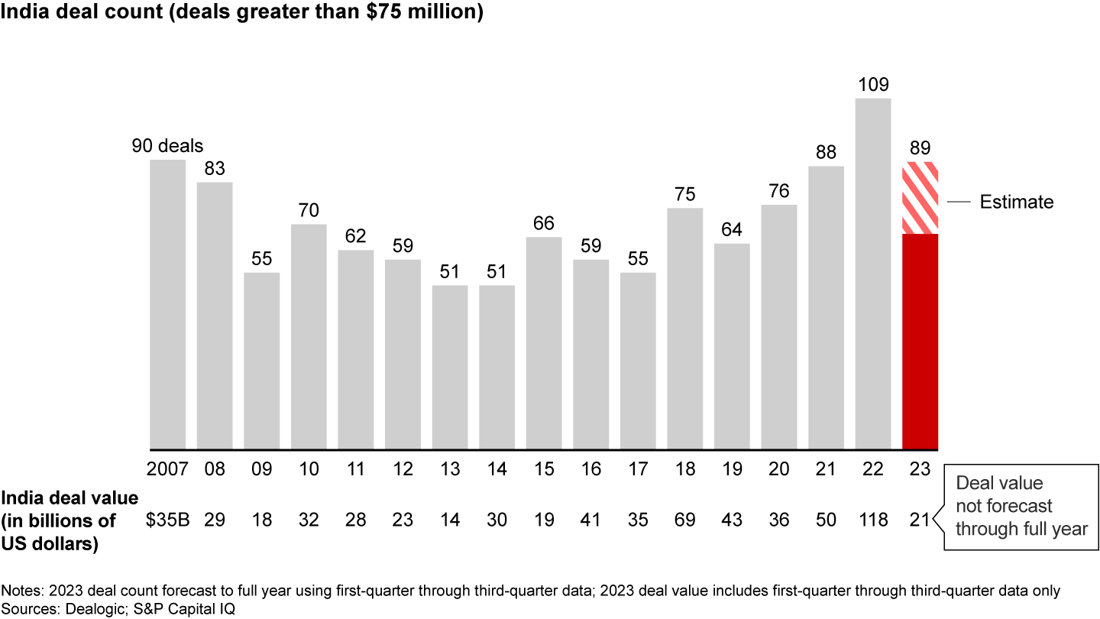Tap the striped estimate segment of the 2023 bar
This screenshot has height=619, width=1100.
point(920,198)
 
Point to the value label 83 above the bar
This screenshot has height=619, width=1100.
point(215,168)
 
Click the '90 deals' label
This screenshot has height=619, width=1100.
point(167,146)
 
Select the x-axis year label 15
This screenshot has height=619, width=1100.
point(544,469)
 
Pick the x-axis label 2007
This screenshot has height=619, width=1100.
point(167,469)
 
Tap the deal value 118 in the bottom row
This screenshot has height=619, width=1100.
point(873,520)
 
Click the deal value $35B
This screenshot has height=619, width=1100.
point(163,520)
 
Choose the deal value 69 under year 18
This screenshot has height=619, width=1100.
point(685,520)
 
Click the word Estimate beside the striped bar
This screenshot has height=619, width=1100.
point(1016,202)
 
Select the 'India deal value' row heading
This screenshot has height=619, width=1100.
point(70,520)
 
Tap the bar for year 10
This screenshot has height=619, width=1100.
point(309,336)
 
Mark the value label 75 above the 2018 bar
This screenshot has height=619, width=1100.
point(685,194)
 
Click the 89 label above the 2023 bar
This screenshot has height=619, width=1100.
point(920,148)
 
